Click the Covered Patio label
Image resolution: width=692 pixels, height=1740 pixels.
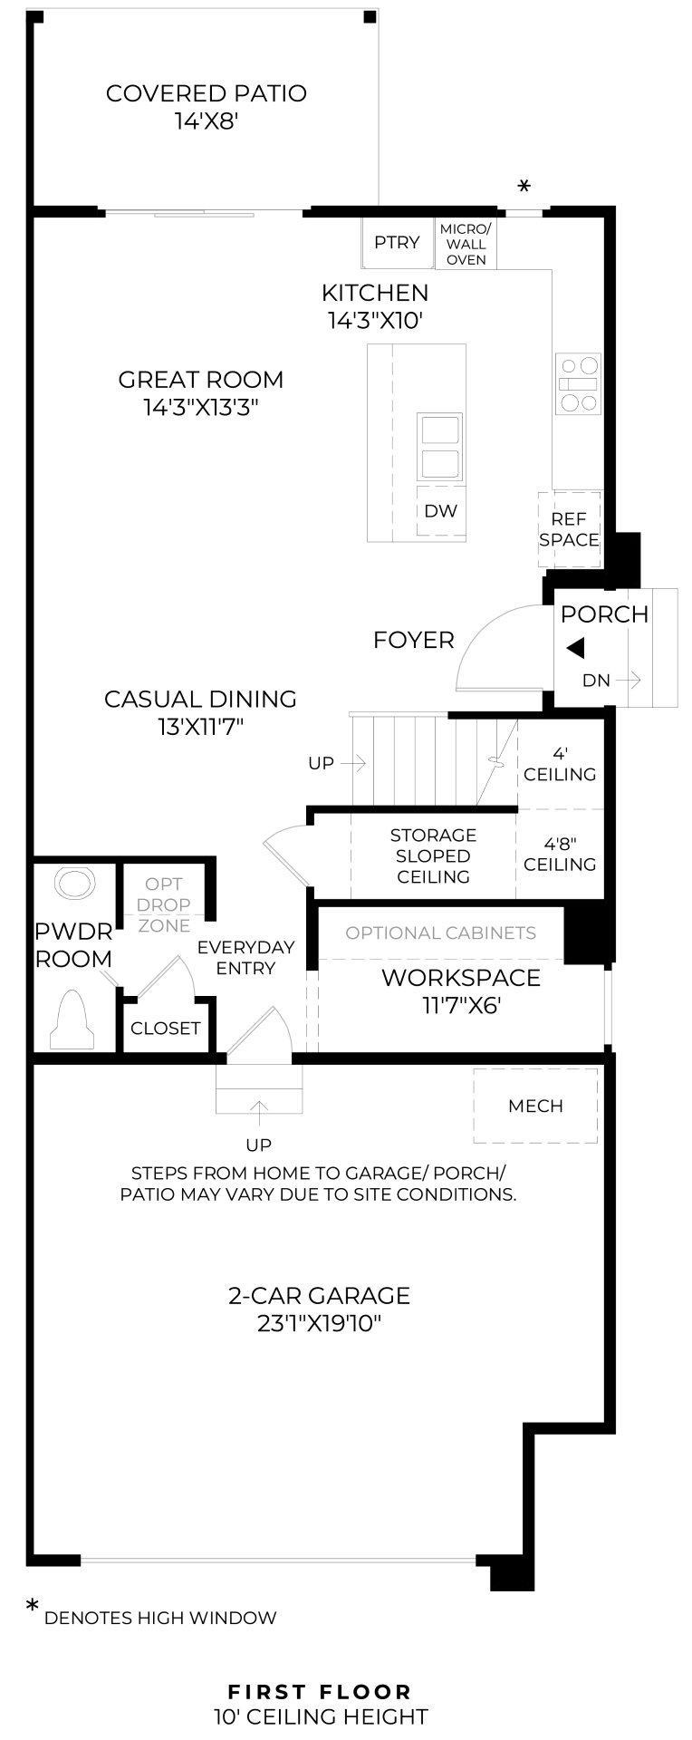coord(206,106)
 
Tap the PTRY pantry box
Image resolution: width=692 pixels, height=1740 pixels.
coord(398,243)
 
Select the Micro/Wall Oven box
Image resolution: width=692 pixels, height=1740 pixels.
coord(466,243)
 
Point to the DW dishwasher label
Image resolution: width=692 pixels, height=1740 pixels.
coord(441,511)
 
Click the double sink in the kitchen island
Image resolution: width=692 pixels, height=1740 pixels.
coord(440,447)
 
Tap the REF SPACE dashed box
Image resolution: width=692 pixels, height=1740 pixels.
coord(570,530)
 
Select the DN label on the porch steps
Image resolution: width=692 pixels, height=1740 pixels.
coord(596,680)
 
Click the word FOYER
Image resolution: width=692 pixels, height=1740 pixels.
coord(414,641)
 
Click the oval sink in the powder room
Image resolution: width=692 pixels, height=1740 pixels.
coord(75,883)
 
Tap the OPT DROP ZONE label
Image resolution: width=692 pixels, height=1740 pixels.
coord(164,904)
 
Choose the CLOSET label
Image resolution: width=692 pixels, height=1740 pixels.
coord(165,1029)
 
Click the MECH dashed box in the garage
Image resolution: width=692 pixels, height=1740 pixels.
coord(535,1106)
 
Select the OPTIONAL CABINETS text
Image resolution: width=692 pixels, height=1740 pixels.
coord(441,933)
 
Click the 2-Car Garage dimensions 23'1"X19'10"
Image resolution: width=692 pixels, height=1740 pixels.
coord(319,1324)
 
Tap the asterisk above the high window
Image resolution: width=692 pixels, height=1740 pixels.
coord(524,187)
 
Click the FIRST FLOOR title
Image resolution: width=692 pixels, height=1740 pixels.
coord(320,1666)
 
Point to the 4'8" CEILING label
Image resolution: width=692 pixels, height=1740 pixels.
coord(560,854)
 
